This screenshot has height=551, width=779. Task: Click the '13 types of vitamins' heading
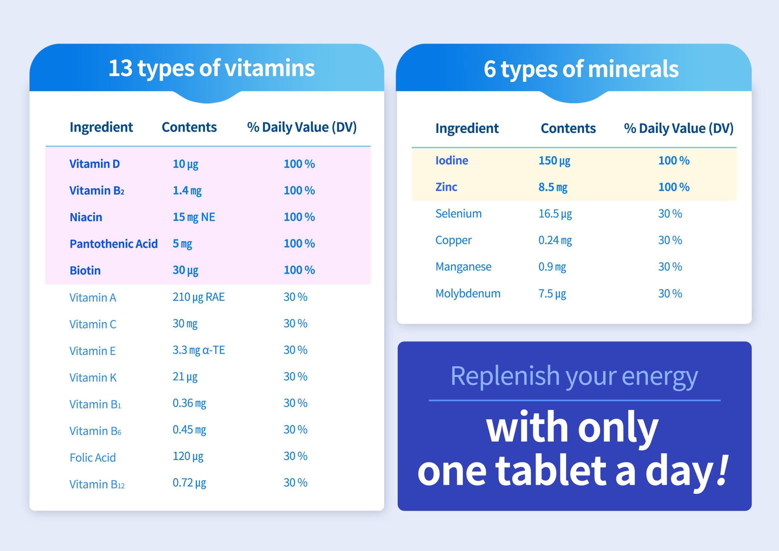pos(211,68)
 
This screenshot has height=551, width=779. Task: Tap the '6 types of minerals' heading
pos(581,69)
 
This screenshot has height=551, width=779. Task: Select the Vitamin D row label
pos(94,164)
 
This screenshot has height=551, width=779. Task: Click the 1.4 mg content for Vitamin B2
pos(187,191)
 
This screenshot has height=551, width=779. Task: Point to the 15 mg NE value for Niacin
pos(194,217)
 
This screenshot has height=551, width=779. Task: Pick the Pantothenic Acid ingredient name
pos(113,244)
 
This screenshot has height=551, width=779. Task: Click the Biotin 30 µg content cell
pos(185,271)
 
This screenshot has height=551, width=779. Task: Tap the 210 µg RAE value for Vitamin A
pos(198,297)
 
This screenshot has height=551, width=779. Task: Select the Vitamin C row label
pos(93,324)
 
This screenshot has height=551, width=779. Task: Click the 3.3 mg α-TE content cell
pos(198,350)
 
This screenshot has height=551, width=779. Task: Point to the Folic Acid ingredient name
pos(93,457)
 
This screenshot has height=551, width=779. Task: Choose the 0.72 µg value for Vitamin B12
pos(189,483)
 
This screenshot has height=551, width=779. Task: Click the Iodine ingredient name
pos(452,161)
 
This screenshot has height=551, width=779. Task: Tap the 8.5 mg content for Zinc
pos(553,187)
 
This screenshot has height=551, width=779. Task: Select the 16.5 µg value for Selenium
pos(555,214)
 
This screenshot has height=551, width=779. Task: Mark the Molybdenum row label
pos(468,293)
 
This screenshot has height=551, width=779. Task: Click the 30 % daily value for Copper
pos(670,240)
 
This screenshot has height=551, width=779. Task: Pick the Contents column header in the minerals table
pos(568,128)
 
